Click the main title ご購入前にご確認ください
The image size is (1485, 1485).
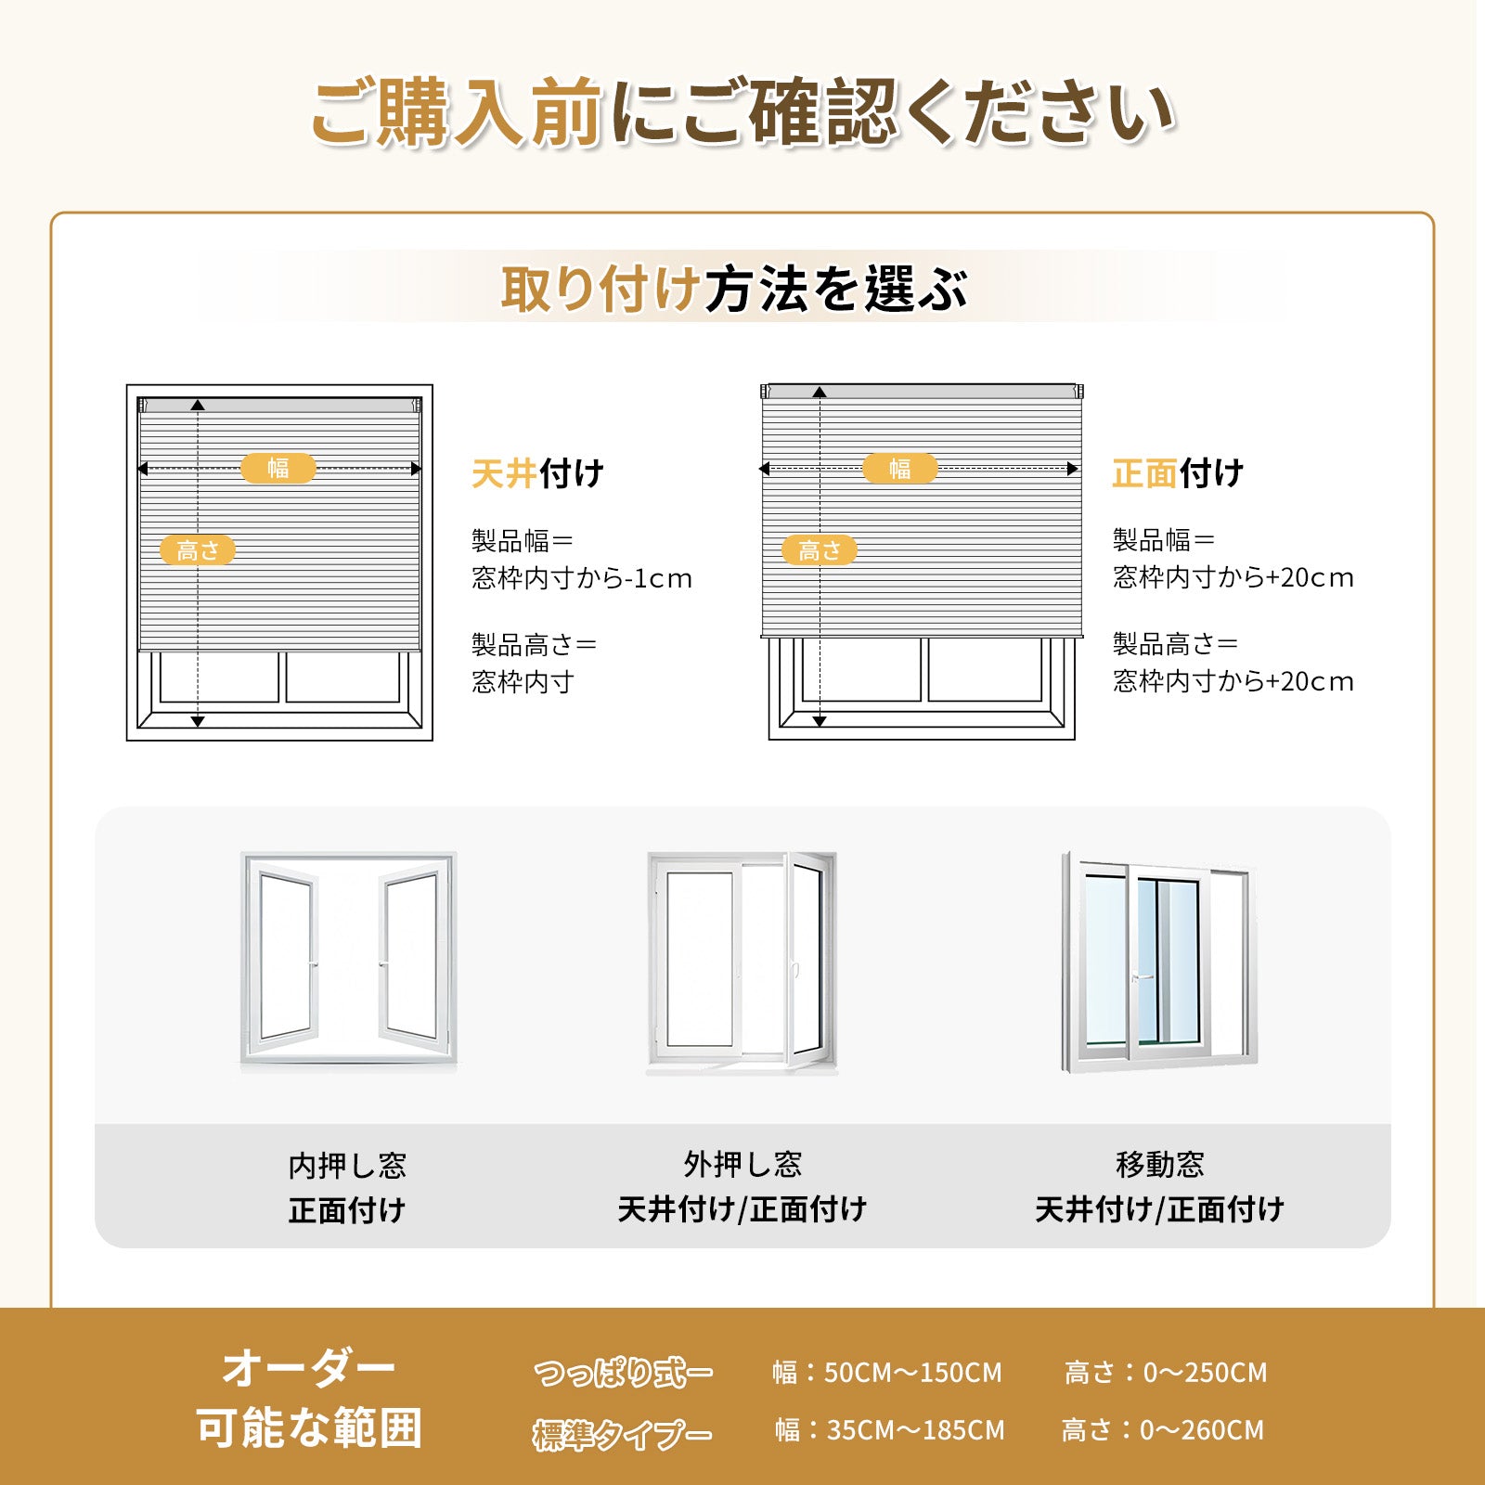coord(742,113)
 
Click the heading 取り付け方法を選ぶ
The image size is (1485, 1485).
coord(734,289)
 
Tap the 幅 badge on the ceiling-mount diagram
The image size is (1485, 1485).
coord(278,468)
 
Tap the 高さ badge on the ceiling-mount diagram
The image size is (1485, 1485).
coord(198,550)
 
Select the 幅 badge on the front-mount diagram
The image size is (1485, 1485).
coord(900,468)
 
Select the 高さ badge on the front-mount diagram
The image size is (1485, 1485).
coord(820,550)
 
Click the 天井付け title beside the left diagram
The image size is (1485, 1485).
coord(537,473)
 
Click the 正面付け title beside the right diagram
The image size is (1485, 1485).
coord(1178,473)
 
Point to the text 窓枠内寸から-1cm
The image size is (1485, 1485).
coord(582,578)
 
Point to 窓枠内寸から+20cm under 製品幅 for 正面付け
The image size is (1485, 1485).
coord(1233,577)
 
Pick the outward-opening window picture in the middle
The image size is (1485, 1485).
coord(742,962)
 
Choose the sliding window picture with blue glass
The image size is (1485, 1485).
coord(1160,962)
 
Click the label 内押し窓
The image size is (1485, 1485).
coord(347,1166)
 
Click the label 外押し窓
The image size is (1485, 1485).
coord(742,1164)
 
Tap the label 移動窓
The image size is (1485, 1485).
coord(1160,1164)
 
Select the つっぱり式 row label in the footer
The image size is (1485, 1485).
coord(623,1373)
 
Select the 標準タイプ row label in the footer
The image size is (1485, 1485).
coord(623,1435)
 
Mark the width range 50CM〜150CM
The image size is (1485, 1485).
coord(913,1373)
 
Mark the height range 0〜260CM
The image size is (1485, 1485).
coord(1202,1430)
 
